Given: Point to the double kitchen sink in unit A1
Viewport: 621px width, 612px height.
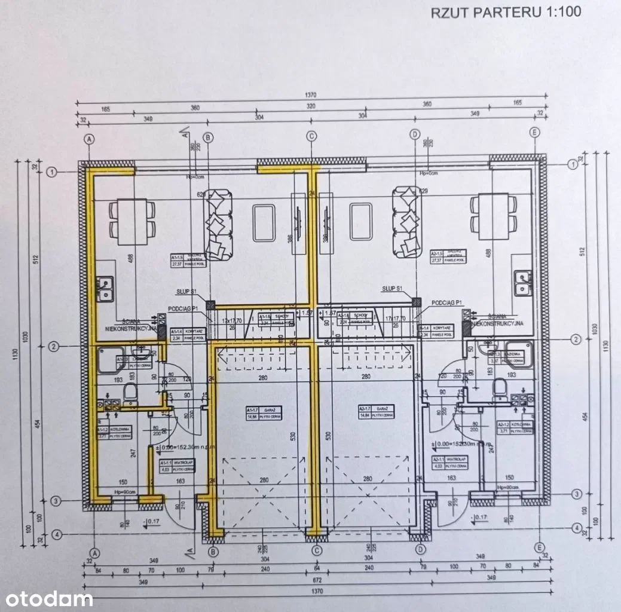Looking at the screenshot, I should pyautogui.click(x=107, y=288).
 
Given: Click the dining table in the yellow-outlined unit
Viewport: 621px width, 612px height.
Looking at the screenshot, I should pyautogui.click(x=131, y=217).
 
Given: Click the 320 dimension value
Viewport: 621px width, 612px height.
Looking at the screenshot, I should pyautogui.click(x=311, y=106).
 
